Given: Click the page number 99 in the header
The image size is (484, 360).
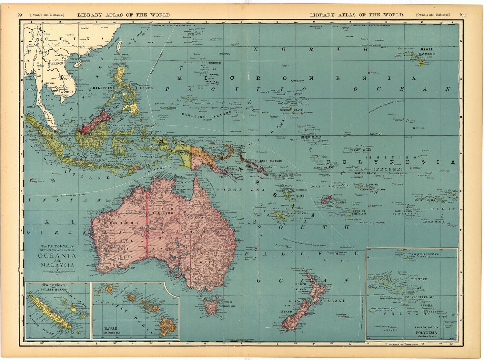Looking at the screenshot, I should [20, 15].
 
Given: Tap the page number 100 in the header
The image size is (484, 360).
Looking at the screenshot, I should [462, 15].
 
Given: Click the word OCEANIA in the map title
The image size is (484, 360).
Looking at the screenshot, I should [57, 256].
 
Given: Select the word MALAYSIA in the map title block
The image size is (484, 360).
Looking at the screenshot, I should [57, 265].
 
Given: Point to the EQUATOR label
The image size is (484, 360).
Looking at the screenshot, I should [376, 134].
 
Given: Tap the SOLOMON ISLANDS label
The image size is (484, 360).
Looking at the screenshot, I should [268, 161].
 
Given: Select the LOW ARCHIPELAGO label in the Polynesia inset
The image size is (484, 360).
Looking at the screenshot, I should [418, 297].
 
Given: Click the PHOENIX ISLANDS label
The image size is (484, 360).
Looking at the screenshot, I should [360, 150].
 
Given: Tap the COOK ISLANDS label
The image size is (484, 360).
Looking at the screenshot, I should [405, 211].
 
